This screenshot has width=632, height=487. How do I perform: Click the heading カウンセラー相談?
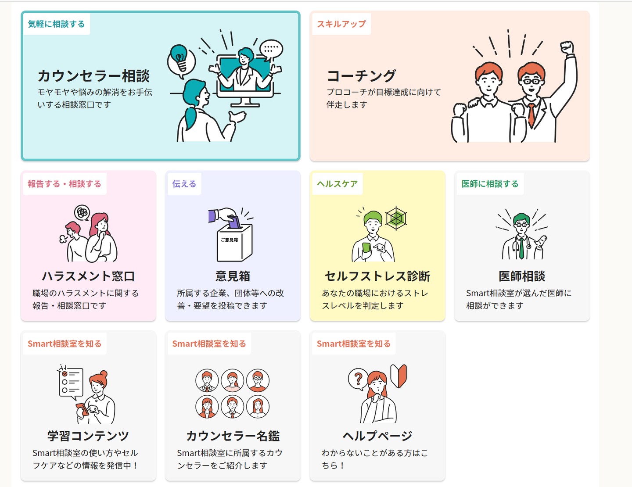[x=93, y=76]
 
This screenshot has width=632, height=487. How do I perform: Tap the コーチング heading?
[x=361, y=76]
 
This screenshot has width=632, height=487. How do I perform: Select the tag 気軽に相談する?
[x=56, y=24]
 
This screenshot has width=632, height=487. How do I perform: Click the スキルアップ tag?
[x=341, y=24]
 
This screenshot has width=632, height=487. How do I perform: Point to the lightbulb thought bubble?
[x=180, y=60]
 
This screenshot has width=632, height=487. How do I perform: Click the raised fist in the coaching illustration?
[x=567, y=47]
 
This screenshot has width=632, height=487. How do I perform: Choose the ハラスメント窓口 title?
[x=88, y=276]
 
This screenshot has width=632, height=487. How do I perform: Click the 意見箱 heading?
[x=233, y=276]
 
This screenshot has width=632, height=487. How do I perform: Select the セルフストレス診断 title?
[x=377, y=276]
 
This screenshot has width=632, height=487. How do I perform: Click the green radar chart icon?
[x=396, y=218]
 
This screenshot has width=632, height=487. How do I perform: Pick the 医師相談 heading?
[x=521, y=276]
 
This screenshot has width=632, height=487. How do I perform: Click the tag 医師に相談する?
[x=490, y=184]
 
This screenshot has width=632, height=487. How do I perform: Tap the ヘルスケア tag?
[x=337, y=184]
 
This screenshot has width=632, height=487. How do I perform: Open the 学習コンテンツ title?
[x=88, y=436]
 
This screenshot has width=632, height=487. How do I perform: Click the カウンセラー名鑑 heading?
[x=233, y=436]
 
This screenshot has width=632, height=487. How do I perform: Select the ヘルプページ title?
[x=377, y=436]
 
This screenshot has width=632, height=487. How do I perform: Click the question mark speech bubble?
[x=358, y=379]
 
